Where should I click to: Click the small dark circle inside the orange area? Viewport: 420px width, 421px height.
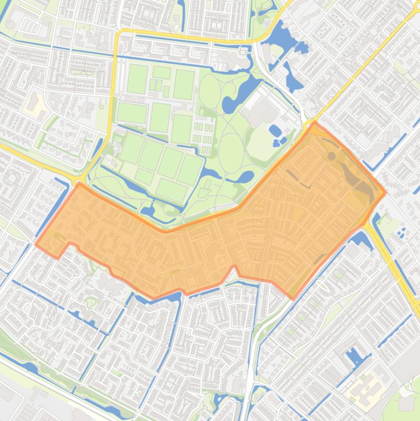[331, 141]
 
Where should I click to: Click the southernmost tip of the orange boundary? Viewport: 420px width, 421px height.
[292, 299]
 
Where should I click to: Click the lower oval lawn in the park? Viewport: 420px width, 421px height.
[231, 137]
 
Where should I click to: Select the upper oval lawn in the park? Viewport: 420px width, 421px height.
[209, 91]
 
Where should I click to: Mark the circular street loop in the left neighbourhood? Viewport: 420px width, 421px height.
[12, 162]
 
